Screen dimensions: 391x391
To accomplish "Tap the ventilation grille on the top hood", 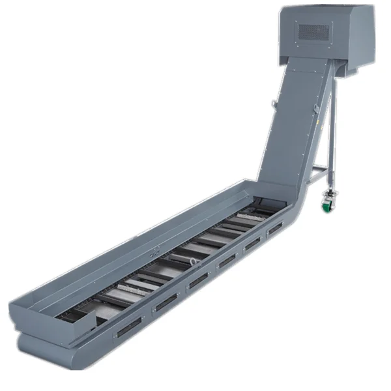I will (314, 30).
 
